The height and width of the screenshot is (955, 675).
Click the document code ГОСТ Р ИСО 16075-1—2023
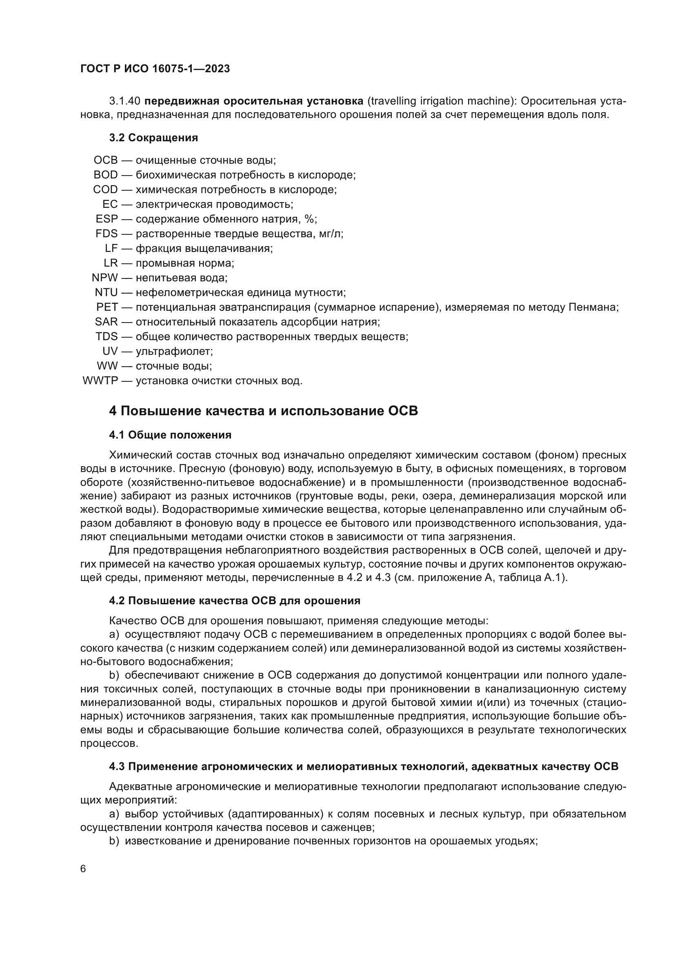tap(155, 69)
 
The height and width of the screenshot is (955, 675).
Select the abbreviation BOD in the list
tap(106, 175)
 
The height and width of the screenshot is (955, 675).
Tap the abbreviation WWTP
tap(100, 381)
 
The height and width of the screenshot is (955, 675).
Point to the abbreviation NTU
tap(106, 292)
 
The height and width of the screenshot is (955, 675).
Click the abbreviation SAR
tap(106, 321)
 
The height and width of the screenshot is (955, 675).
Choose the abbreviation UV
tap(110, 351)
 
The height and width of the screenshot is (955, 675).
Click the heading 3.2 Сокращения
tap(153, 138)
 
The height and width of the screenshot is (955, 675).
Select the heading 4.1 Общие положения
tap(170, 435)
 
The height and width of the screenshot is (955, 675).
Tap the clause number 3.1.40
tap(125, 101)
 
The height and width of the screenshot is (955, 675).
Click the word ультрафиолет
tap(174, 351)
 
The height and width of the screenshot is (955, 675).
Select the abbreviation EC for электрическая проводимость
tap(110, 204)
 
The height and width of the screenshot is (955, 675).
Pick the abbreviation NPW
tap(105, 277)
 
